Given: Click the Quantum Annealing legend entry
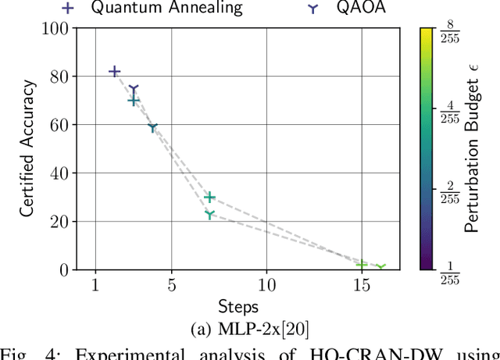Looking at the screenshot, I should [164, 8].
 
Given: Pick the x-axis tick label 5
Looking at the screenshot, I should [172, 286].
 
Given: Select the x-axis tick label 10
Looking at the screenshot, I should [266, 286].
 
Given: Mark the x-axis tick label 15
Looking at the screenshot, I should [362, 286].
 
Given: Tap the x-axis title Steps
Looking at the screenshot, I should [237, 306].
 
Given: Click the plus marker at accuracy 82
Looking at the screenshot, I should [115, 71].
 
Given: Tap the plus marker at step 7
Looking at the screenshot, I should [209, 198].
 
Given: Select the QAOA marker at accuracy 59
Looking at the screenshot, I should [153, 127].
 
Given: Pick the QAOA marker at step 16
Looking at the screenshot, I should [381, 268].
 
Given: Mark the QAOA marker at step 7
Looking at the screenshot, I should [209, 214].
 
